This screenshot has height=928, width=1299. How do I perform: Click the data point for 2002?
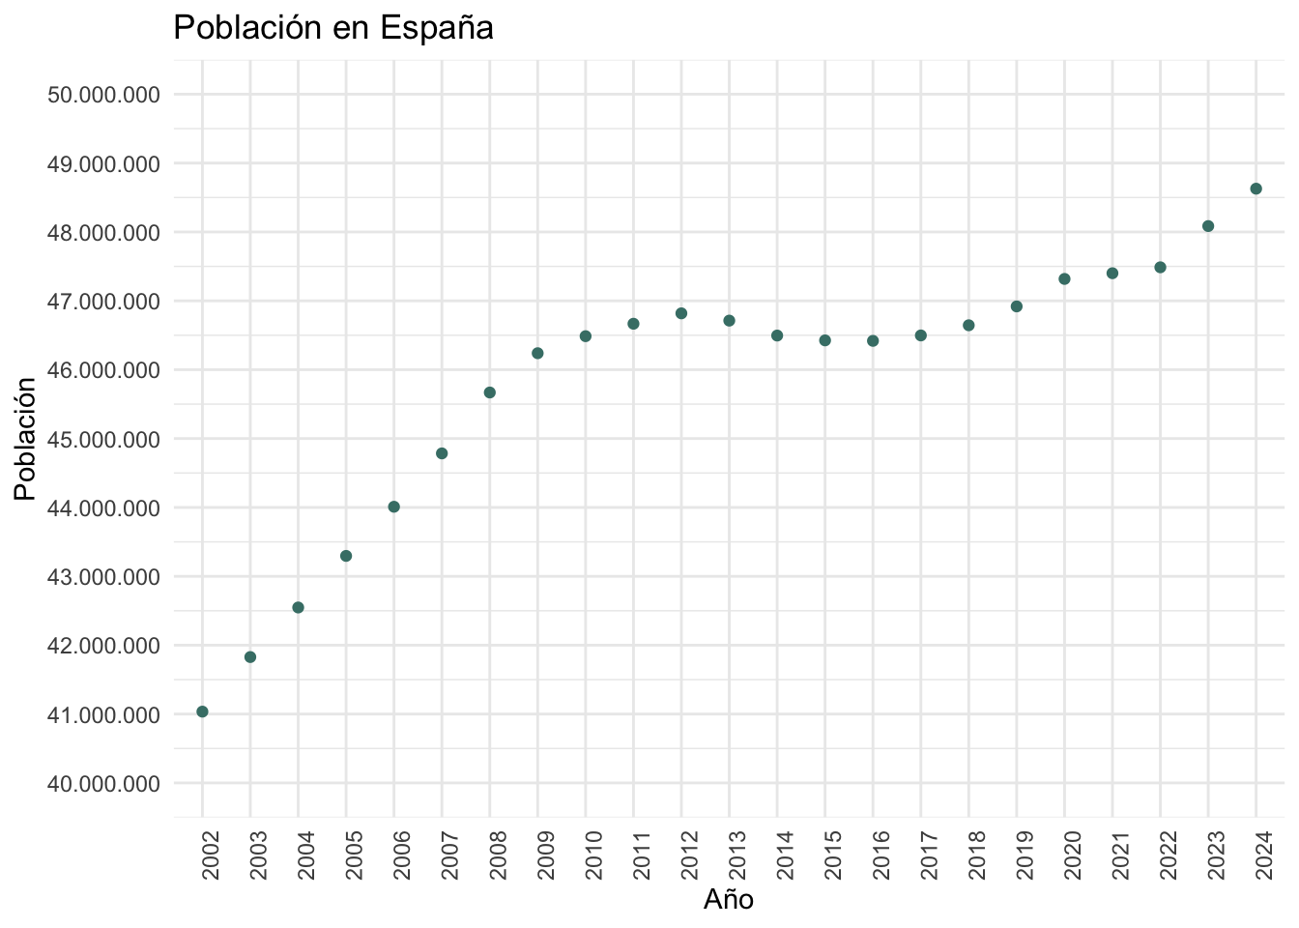pyautogui.click(x=202, y=711)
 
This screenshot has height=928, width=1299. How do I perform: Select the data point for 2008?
pyautogui.click(x=489, y=392)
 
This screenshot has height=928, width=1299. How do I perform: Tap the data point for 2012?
pyautogui.click(x=681, y=313)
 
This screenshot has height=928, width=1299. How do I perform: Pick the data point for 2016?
pyautogui.click(x=873, y=340)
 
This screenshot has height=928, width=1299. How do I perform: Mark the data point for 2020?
pyautogui.click(x=1064, y=278)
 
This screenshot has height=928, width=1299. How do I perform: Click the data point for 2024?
pyautogui.click(x=1256, y=188)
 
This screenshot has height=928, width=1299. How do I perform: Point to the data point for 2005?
pyautogui.click(x=346, y=556)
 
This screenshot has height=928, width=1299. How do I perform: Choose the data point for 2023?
pyautogui.click(x=1208, y=226)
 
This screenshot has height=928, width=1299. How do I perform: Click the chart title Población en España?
pyautogui.click(x=333, y=28)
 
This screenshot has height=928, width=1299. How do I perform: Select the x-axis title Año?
pyautogui.click(x=729, y=900)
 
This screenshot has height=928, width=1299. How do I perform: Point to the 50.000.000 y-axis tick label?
pyautogui.click(x=102, y=95)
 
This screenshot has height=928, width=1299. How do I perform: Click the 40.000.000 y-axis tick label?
pyautogui.click(x=102, y=784)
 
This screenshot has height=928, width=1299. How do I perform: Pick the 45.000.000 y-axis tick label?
pyautogui.click(x=102, y=440)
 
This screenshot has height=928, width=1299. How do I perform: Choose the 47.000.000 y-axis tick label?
pyautogui.click(x=102, y=302)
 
